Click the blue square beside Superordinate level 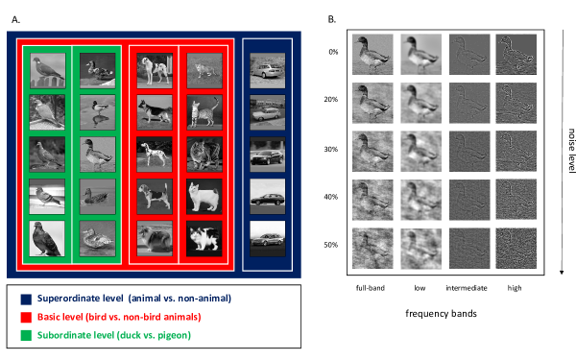[26, 300]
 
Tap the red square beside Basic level [26, 317]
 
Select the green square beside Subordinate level [26, 335]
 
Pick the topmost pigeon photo [47, 70]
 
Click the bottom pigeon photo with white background [47, 239]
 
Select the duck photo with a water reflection [97, 112]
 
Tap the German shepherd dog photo [155, 112]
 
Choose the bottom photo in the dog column [155, 239]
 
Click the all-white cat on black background [204, 197]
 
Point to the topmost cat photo [204, 70]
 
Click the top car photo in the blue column [267, 70]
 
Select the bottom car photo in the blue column [267, 239]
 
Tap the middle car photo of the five [267, 155]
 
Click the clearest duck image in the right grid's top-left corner [372, 55]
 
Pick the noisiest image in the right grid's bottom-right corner [516, 248]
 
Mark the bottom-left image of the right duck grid [372, 248]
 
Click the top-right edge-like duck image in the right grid [516, 55]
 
